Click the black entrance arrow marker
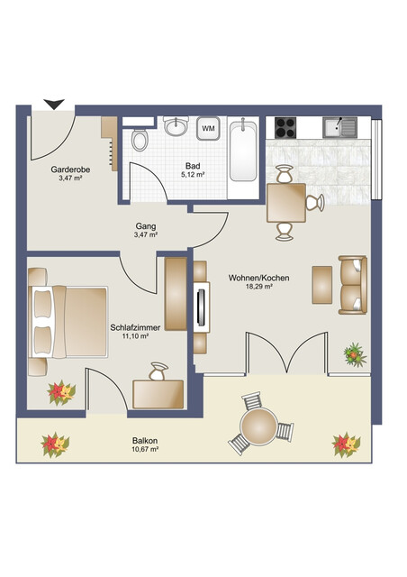click(54, 104)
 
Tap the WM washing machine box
click(208, 129)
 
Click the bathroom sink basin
click(176, 127)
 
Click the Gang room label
click(146, 225)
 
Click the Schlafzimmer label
click(130, 326)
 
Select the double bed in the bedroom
click(68, 320)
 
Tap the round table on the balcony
click(259, 426)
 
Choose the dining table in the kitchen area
click(285, 203)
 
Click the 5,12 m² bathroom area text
click(193, 175)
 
